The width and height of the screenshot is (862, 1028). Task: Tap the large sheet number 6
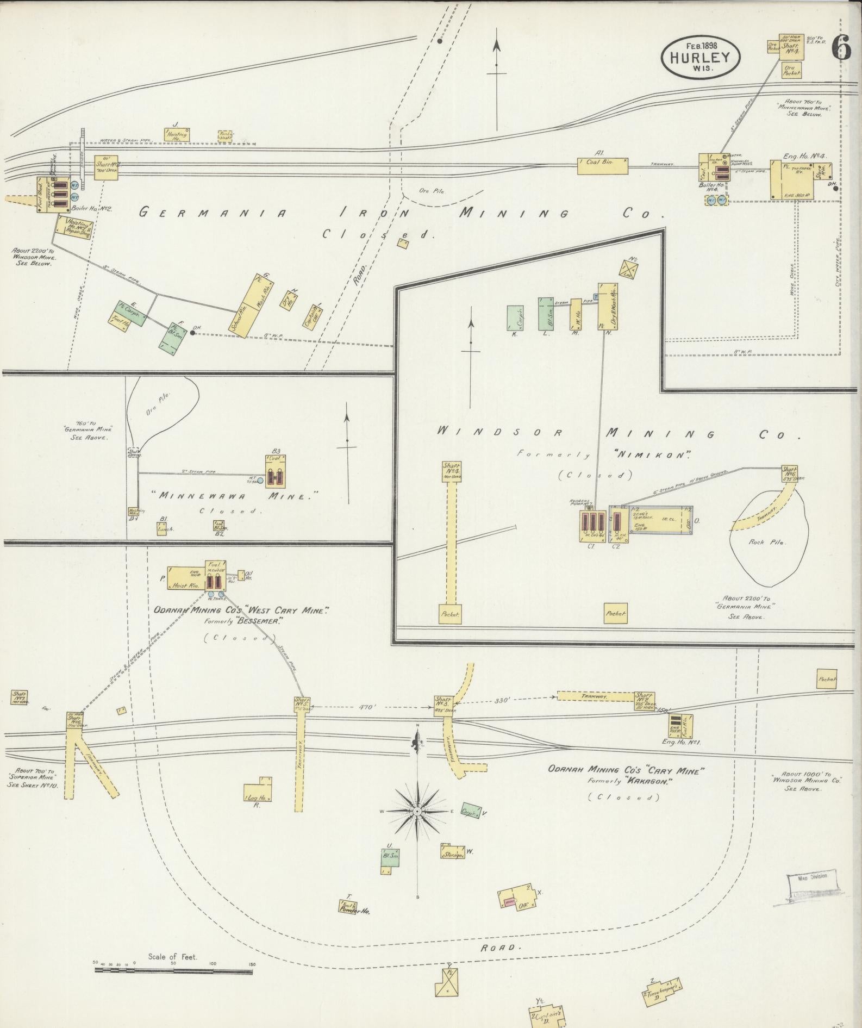click(x=841, y=48)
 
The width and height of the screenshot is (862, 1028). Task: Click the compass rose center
click(x=417, y=812)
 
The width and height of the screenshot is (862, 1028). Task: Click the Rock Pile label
click(x=764, y=542)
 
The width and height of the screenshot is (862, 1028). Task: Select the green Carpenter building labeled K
click(x=515, y=317)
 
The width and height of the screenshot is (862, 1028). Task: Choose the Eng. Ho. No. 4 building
click(x=798, y=179)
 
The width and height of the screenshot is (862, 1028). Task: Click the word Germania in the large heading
click(x=211, y=213)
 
